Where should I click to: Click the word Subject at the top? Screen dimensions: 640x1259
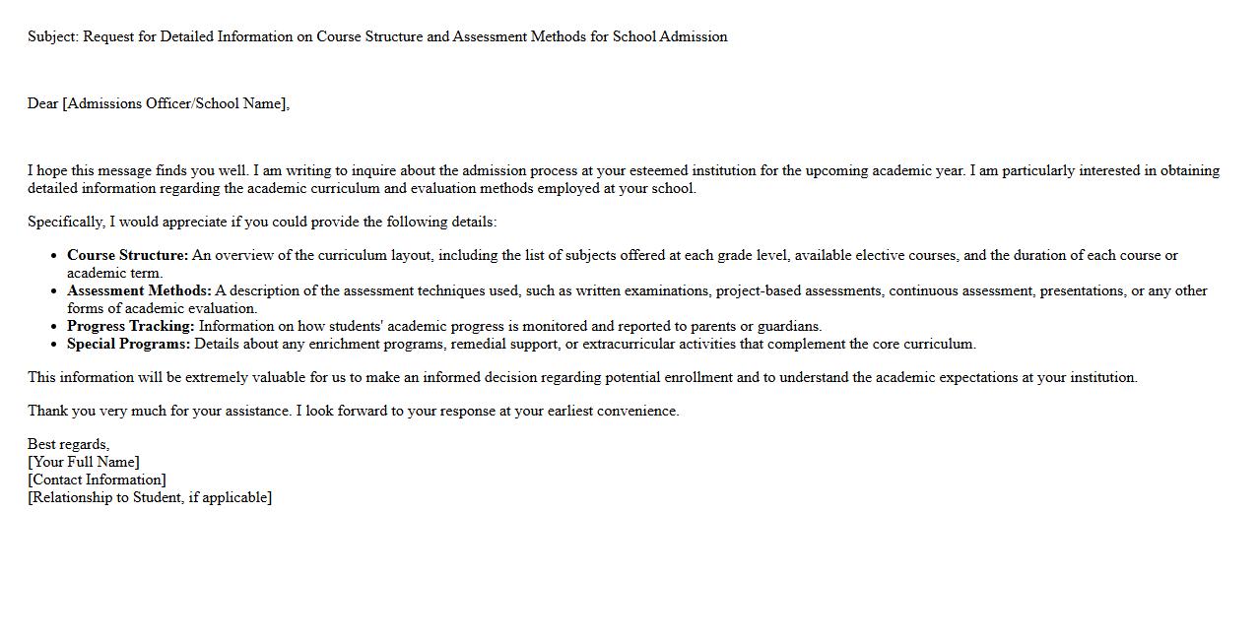(x=50, y=37)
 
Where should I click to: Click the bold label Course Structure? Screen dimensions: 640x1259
(x=127, y=256)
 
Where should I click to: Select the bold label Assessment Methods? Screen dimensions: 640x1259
(x=139, y=291)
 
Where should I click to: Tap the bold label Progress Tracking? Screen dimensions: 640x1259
(x=131, y=327)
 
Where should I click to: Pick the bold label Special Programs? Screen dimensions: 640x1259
(x=128, y=345)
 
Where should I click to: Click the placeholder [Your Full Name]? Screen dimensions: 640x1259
(x=84, y=463)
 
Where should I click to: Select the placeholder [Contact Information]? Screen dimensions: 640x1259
(x=97, y=480)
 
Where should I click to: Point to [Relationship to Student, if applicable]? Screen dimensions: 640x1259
(x=150, y=498)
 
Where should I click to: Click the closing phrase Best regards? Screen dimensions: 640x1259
(x=68, y=445)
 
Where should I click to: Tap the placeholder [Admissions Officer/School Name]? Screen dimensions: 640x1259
(x=175, y=104)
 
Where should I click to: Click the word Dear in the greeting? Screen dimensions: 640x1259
(x=43, y=104)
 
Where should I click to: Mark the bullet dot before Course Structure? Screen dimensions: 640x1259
(x=52, y=256)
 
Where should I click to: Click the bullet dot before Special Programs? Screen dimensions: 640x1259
(x=52, y=345)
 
